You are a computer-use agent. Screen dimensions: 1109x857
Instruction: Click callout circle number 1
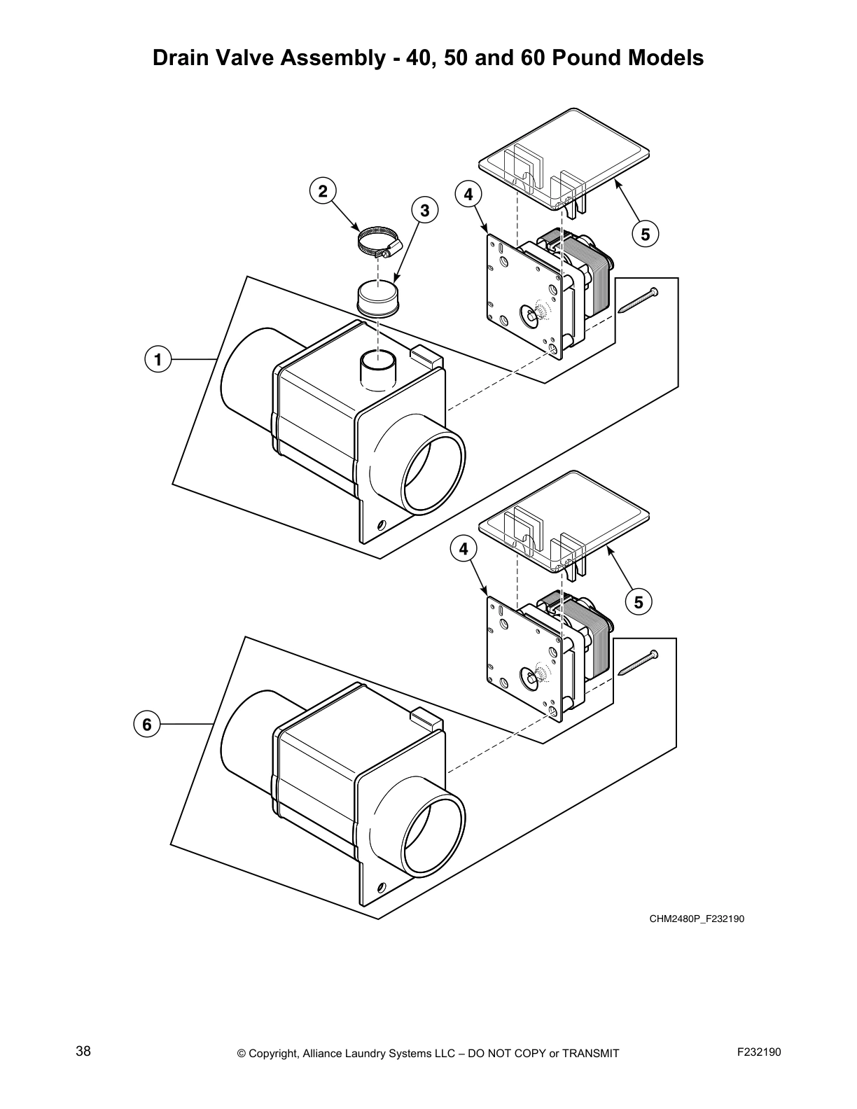tap(158, 360)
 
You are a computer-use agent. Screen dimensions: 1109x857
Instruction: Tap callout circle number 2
tap(322, 191)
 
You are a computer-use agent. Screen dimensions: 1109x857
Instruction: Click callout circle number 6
tap(146, 724)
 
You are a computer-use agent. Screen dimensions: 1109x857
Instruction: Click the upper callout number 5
tap(645, 234)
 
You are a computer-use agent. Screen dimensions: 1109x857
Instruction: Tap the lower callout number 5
tap(638, 601)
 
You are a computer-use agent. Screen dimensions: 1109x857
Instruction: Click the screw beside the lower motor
tap(638, 662)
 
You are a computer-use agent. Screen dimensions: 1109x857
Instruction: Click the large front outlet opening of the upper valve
tap(433, 473)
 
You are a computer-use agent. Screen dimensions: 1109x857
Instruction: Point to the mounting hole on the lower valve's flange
tap(382, 886)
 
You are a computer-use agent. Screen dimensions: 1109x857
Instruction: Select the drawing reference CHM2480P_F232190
tap(696, 919)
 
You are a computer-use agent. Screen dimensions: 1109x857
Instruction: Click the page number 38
tap(83, 1051)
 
